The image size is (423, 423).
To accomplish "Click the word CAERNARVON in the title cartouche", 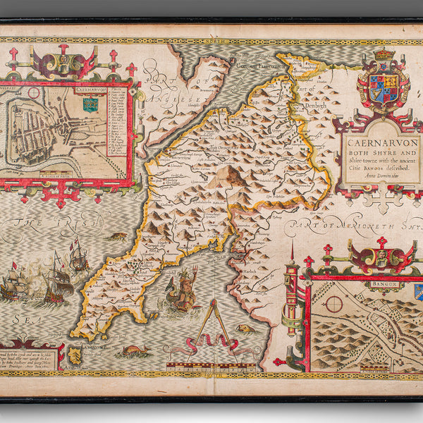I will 382,140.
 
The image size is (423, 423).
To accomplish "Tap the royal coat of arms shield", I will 384,88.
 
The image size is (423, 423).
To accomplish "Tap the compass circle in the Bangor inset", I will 333,304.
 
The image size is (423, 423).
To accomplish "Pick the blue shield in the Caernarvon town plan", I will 90,105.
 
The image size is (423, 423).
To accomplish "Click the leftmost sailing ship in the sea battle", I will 13,286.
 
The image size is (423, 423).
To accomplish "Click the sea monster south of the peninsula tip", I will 134,350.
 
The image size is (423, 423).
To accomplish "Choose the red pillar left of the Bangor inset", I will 291,296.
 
